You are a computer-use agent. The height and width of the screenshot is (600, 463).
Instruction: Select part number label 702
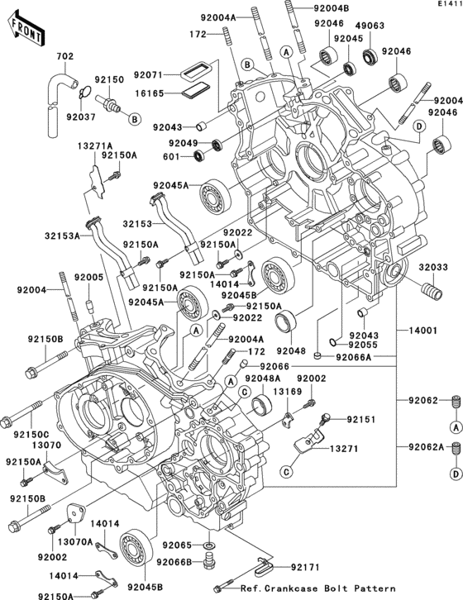tap(64, 56)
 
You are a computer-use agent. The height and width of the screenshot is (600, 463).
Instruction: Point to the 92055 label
tap(364, 344)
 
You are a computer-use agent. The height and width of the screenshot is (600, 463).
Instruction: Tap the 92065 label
tap(177, 545)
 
